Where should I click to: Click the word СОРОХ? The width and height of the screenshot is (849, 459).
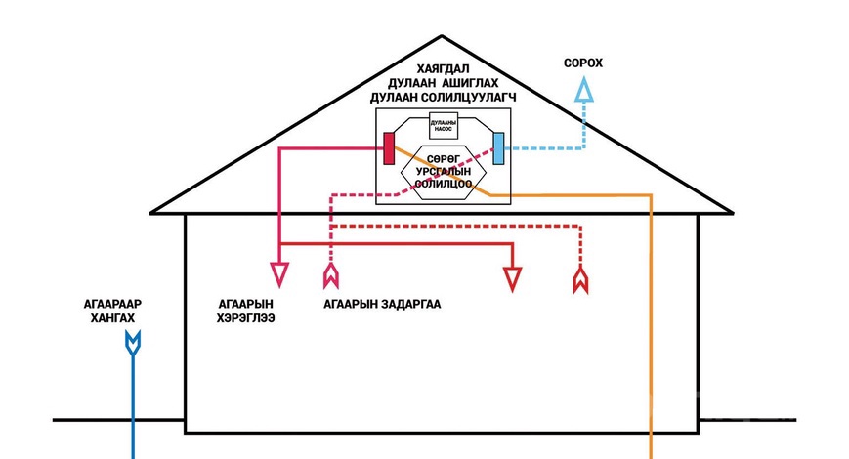point(583,63)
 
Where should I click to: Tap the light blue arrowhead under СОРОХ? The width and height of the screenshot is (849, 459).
point(584,91)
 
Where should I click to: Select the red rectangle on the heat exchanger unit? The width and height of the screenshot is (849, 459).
point(388,148)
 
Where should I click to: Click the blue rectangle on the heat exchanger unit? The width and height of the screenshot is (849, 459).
point(498,148)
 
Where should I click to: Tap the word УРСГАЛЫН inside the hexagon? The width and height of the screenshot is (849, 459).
point(443,169)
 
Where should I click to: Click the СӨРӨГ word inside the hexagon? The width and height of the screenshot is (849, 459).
point(443,156)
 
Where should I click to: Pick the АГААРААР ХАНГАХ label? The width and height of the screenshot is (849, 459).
point(109,312)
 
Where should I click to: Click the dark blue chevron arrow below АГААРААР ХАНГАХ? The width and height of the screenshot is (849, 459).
point(133,343)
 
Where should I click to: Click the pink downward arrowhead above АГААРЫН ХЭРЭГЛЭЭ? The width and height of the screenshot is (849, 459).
point(279,274)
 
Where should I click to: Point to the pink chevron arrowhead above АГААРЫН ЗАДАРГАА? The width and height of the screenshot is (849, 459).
point(331,277)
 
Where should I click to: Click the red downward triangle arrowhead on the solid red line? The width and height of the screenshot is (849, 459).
point(511,279)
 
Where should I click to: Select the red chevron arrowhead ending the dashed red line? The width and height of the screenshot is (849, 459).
point(580,280)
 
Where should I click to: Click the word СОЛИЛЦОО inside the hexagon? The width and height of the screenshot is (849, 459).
point(443,183)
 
